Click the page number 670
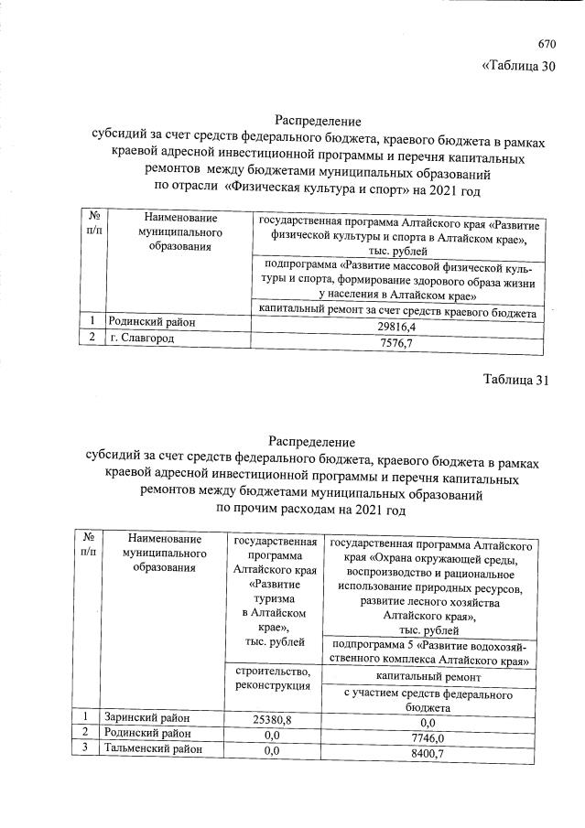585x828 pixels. coord(547,43)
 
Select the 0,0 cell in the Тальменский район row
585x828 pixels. coord(271,751)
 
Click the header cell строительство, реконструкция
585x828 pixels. coord(273,679)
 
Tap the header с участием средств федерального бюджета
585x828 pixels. coord(428,700)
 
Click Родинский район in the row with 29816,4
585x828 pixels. coord(151,322)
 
